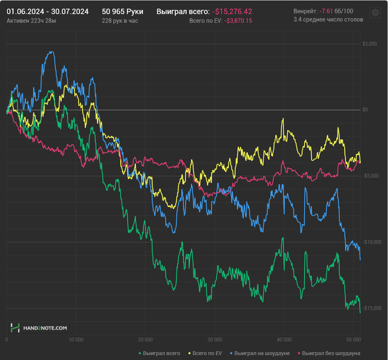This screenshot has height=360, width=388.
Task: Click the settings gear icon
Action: pos(375,14)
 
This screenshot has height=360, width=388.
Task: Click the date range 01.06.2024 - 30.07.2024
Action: pos(47,11)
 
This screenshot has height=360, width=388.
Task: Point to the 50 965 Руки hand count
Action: pos(122,11)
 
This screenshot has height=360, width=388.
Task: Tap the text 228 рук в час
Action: pos(120,20)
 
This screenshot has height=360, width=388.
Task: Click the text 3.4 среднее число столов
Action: pos(328,19)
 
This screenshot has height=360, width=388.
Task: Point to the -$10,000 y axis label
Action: pos(368,242)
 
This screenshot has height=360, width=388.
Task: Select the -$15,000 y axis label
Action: pos(368,308)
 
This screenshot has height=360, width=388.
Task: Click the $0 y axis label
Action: pos(365,110)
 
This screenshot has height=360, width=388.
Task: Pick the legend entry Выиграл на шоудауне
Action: pos(259,353)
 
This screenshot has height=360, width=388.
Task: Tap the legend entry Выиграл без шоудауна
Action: pos(329,353)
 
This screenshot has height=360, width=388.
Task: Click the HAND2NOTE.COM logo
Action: pos(39,328)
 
